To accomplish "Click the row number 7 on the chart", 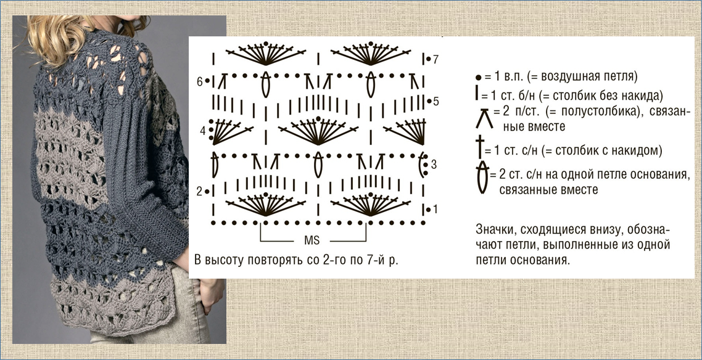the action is [x=436, y=59].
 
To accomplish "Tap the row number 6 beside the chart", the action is [x=200, y=82].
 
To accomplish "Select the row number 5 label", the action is [x=436, y=101].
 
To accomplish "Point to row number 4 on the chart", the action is [x=202, y=131].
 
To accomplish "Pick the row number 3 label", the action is [x=434, y=165].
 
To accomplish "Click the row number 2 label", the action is [x=200, y=192].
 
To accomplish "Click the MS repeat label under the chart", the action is [x=312, y=240].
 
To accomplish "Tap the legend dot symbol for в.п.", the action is [x=478, y=77].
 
